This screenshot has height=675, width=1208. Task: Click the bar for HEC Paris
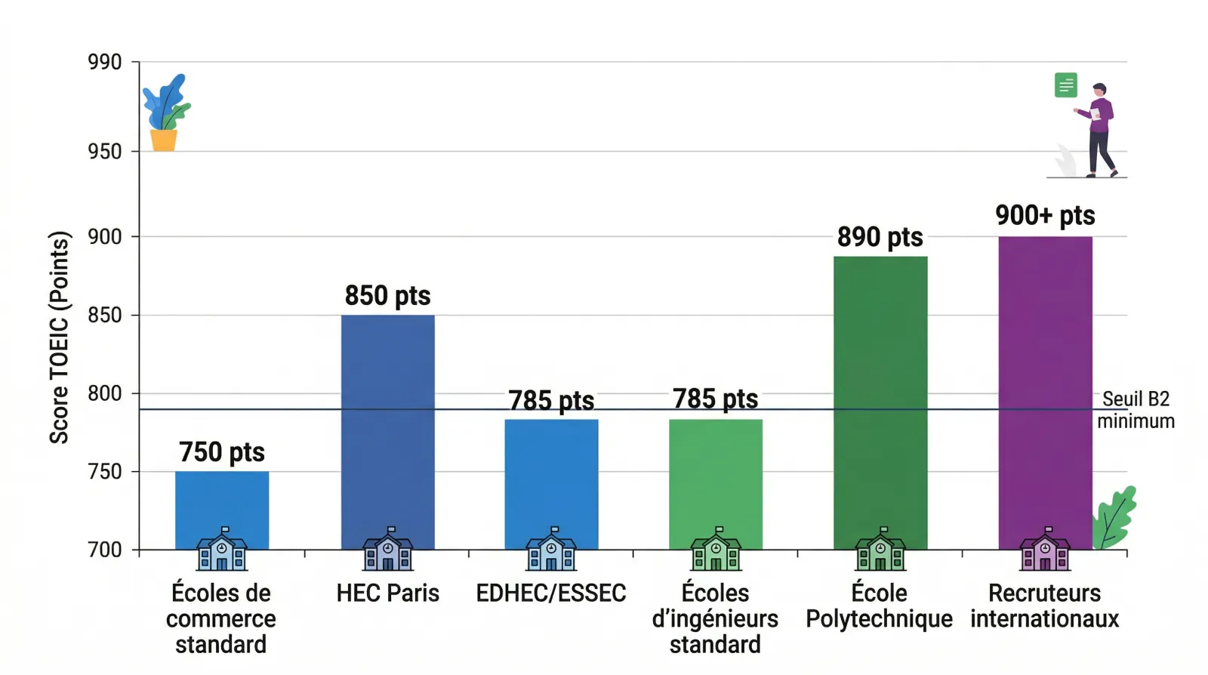[x=387, y=423]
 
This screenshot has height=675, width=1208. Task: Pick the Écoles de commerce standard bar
[x=222, y=502]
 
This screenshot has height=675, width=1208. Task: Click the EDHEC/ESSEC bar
[x=551, y=476]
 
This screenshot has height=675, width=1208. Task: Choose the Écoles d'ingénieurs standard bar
[x=716, y=476]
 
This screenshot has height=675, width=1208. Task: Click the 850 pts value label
[x=387, y=295]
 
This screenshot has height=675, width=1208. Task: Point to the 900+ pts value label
[x=1045, y=215]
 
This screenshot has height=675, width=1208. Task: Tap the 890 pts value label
[x=880, y=237]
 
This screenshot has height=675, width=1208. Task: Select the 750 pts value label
[x=222, y=452]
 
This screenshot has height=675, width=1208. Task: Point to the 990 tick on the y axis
[x=105, y=62]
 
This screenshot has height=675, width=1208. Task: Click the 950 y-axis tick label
[x=105, y=152]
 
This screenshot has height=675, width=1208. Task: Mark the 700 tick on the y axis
[x=105, y=550]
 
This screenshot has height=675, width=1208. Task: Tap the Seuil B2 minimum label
[x=1136, y=410]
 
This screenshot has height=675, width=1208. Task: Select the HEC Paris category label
[x=387, y=593]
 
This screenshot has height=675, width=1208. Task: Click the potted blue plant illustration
[x=165, y=113]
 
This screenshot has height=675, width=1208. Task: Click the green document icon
[x=1065, y=85]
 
